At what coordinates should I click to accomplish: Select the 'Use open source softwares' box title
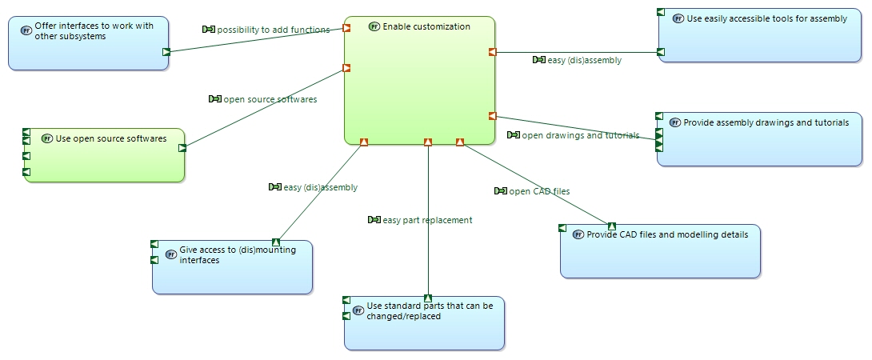tap(111, 138)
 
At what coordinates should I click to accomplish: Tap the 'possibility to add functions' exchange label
tap(273, 30)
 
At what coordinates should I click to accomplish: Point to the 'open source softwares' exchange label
tap(270, 99)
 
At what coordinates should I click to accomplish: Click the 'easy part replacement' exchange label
tap(428, 220)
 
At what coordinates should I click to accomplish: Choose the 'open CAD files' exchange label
tap(539, 191)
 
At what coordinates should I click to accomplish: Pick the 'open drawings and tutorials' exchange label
tap(581, 135)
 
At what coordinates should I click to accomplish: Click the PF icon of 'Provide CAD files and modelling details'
tap(578, 235)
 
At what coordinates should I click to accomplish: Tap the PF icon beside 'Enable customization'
tap(374, 26)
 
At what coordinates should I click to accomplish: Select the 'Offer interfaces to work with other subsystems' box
tap(89, 43)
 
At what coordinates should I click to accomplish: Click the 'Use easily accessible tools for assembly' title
tap(767, 18)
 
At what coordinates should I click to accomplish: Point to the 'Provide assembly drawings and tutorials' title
tap(766, 122)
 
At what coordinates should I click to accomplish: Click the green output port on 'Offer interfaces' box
tap(166, 52)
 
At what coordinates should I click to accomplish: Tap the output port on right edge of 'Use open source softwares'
tap(182, 148)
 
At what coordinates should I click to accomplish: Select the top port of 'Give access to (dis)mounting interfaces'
tap(276, 242)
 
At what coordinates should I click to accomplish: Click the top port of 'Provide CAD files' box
tap(612, 226)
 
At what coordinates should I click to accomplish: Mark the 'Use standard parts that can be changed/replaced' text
tap(430, 311)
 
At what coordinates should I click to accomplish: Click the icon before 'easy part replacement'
tap(374, 220)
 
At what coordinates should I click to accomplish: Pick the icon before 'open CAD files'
tap(501, 191)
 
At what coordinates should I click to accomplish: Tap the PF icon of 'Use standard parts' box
tap(358, 310)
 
